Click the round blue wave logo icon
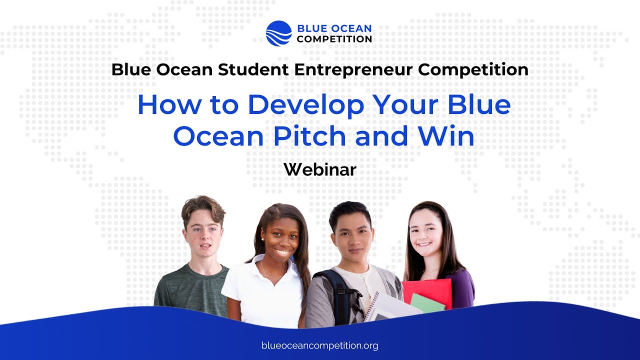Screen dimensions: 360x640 click(x=278, y=33)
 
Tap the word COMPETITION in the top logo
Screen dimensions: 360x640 click(x=334, y=39)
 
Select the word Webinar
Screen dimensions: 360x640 click(x=320, y=170)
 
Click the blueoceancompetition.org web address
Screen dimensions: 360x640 click(x=320, y=345)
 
